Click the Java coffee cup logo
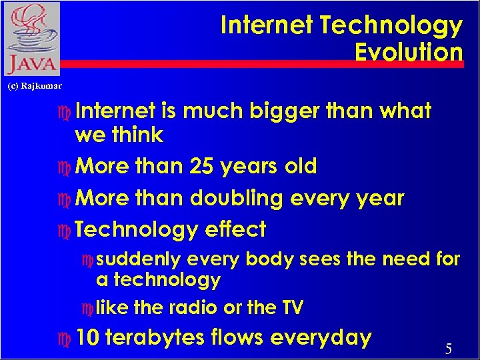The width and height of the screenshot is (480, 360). (31, 39)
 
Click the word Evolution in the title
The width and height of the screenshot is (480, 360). (409, 52)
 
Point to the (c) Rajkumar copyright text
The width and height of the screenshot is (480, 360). (35, 86)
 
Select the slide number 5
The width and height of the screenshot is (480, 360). (449, 349)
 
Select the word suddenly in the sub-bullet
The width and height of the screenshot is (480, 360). (139, 259)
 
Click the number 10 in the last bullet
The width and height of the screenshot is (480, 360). (88, 337)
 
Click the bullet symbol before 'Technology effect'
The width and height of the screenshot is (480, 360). (65, 230)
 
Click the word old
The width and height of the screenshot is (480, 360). (299, 166)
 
